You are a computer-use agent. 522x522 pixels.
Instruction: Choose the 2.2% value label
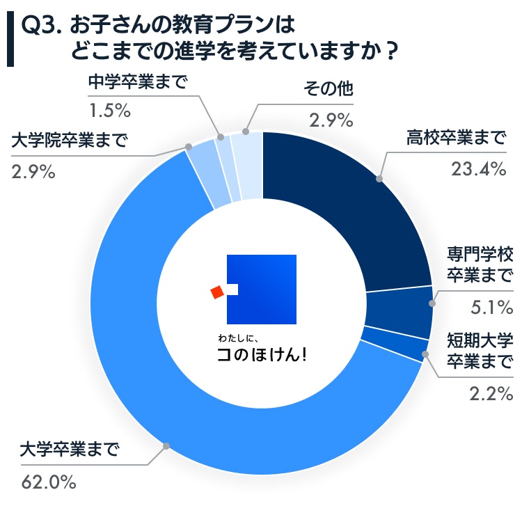coord(489,395)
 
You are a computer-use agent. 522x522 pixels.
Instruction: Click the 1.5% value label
coord(109,110)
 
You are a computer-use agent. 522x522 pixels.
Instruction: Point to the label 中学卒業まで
coord(138,83)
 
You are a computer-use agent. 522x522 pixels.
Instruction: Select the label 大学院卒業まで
coord(70,141)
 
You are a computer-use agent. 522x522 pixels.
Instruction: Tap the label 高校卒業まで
coord(457,137)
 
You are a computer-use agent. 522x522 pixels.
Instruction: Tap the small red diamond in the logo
coord(217,292)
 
